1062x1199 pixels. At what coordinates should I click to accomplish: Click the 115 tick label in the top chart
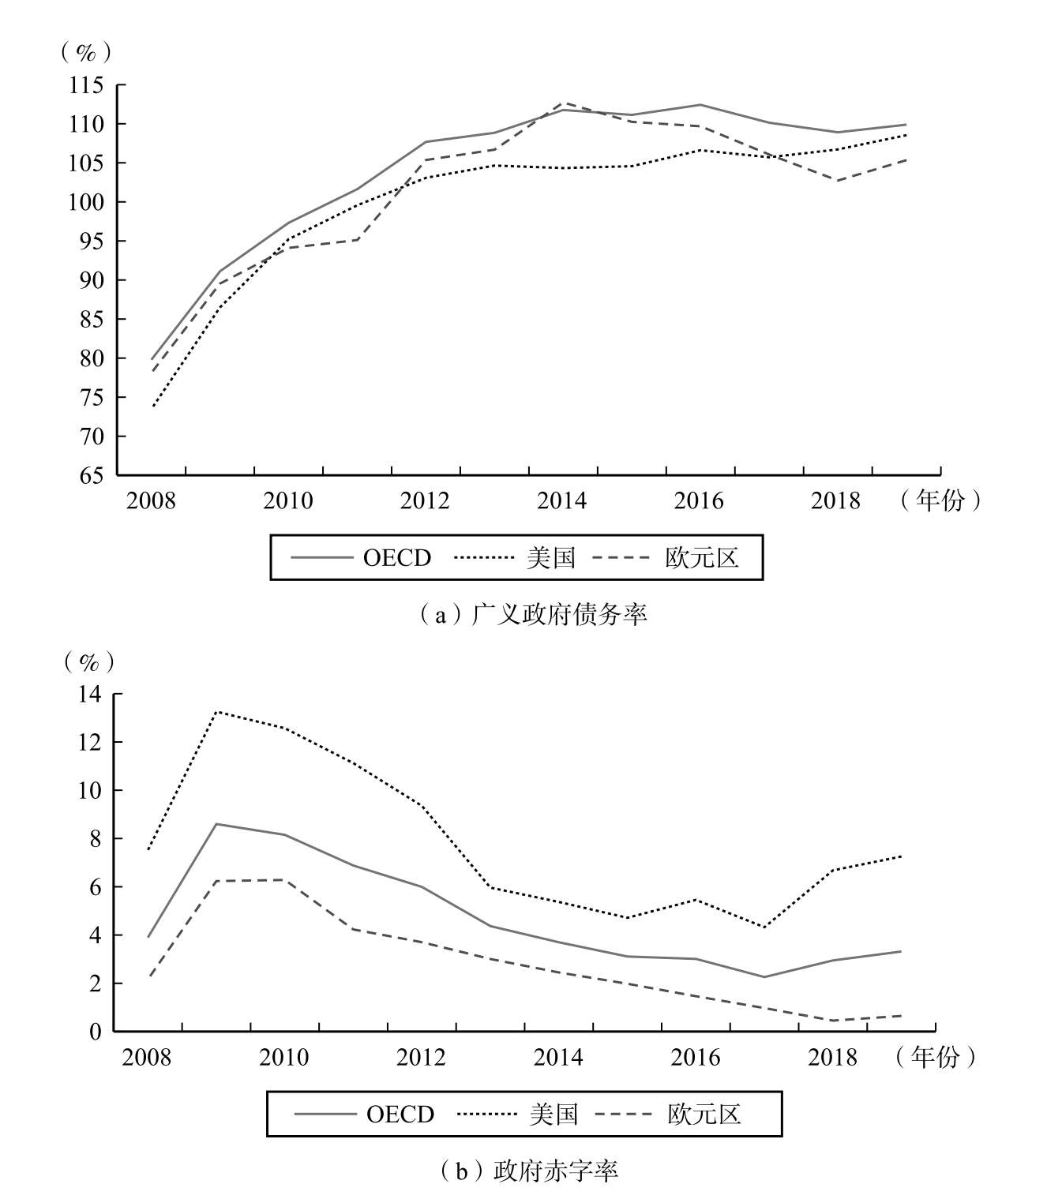point(86,85)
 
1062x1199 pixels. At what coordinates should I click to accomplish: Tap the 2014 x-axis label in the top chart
point(561,501)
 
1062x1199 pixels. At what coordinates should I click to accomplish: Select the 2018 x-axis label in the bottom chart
point(832,1057)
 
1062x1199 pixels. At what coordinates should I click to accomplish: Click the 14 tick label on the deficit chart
point(91,695)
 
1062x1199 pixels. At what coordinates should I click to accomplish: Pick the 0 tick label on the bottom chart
point(96,1032)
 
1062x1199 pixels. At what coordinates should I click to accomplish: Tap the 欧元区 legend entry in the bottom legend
point(704,1114)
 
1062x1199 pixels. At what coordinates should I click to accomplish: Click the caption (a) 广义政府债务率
point(532,614)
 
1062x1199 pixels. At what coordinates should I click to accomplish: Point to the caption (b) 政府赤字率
point(530,1170)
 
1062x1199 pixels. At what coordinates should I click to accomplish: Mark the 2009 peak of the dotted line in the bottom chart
point(216,712)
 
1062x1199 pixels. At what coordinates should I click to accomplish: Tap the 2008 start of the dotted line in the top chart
point(152,407)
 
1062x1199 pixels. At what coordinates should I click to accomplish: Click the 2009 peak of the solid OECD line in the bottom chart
point(216,824)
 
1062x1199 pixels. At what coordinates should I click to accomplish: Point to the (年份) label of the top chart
point(940,500)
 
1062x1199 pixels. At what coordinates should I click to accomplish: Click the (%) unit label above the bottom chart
point(88,661)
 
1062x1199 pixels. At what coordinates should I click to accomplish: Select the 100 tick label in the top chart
point(86,202)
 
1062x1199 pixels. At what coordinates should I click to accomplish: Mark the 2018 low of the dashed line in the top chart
point(837,181)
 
